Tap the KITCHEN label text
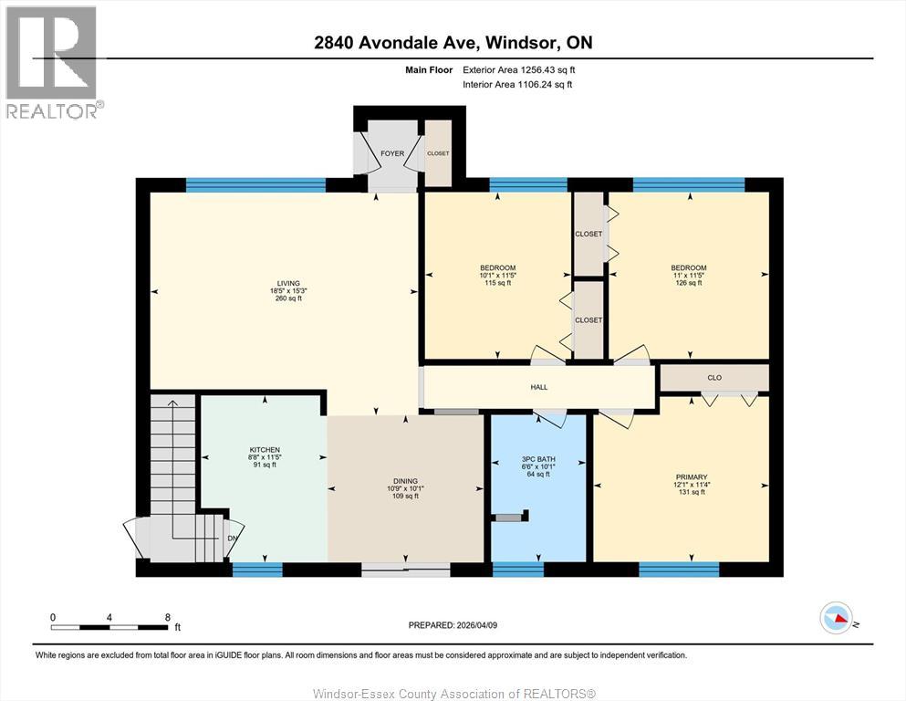click(x=265, y=450)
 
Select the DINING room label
click(x=405, y=481)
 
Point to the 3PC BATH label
click(x=538, y=459)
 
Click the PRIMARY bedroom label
click(x=691, y=476)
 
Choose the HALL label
click(x=539, y=387)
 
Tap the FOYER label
click(x=391, y=153)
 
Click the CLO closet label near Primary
click(x=714, y=377)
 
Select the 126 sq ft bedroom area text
click(x=688, y=283)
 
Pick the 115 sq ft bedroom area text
click(x=497, y=283)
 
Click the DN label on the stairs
click(x=232, y=538)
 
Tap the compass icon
click(x=837, y=619)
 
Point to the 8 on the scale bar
click(x=167, y=617)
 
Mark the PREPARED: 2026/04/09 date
click(x=453, y=625)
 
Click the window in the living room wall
click(x=255, y=185)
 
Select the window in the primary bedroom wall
click(x=679, y=570)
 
